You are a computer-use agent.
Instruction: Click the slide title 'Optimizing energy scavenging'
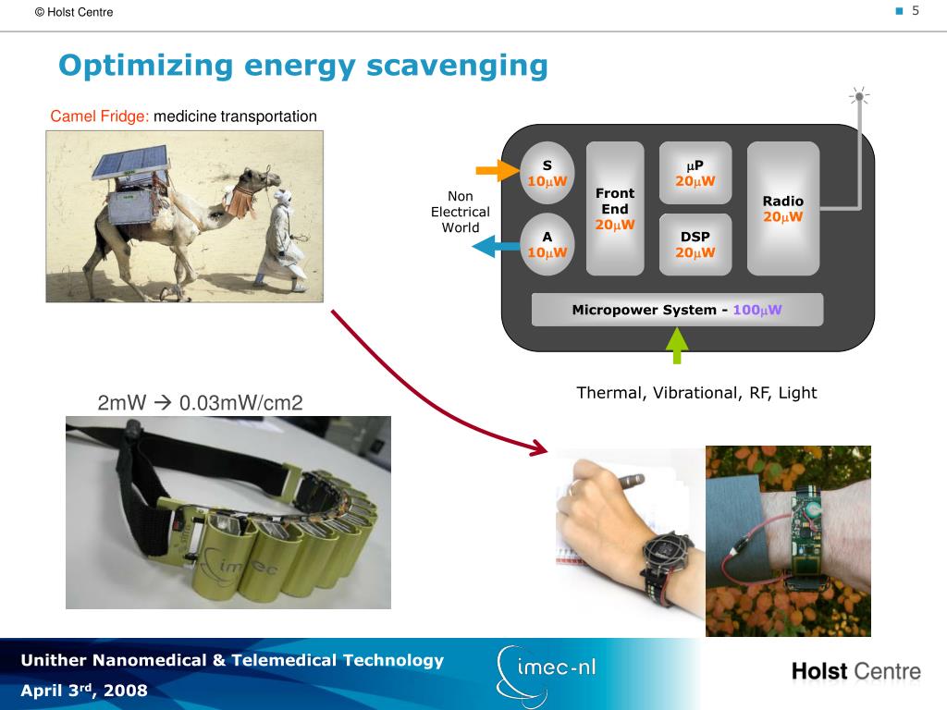(x=302, y=67)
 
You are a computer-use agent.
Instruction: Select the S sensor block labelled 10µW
(x=547, y=173)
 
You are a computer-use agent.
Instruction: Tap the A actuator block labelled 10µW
(x=547, y=245)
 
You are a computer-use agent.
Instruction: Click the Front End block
(x=615, y=209)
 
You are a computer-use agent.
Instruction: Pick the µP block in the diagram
(x=695, y=173)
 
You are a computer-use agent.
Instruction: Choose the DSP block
(x=695, y=245)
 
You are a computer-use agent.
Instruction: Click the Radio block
(x=783, y=209)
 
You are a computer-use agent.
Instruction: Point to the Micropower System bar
(x=677, y=310)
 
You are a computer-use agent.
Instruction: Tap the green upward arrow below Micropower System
(x=677, y=346)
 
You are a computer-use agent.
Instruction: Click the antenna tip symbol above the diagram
(x=859, y=95)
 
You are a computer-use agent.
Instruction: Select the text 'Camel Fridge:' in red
(x=100, y=116)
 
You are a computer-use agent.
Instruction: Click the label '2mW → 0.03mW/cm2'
(x=200, y=403)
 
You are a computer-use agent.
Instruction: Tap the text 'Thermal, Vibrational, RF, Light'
(x=696, y=393)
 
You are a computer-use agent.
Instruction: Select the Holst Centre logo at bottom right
(x=855, y=671)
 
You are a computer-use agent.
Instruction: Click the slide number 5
(x=916, y=11)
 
